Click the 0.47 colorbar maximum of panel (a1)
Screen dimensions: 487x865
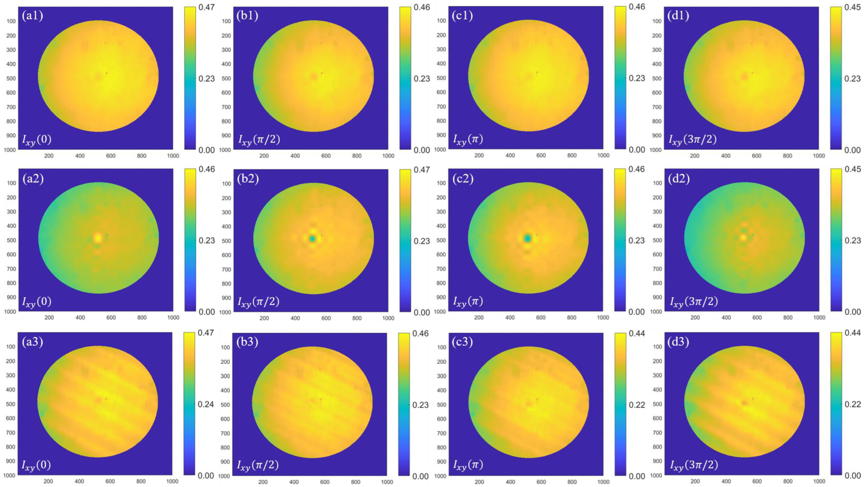(206, 7)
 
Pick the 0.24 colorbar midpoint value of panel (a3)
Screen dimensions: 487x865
(206, 404)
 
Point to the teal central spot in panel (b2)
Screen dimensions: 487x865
(313, 239)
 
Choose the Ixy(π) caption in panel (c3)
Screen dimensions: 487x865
(468, 465)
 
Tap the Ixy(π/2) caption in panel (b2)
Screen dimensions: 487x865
(259, 301)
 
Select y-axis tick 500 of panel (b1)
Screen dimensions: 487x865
(226, 78)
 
